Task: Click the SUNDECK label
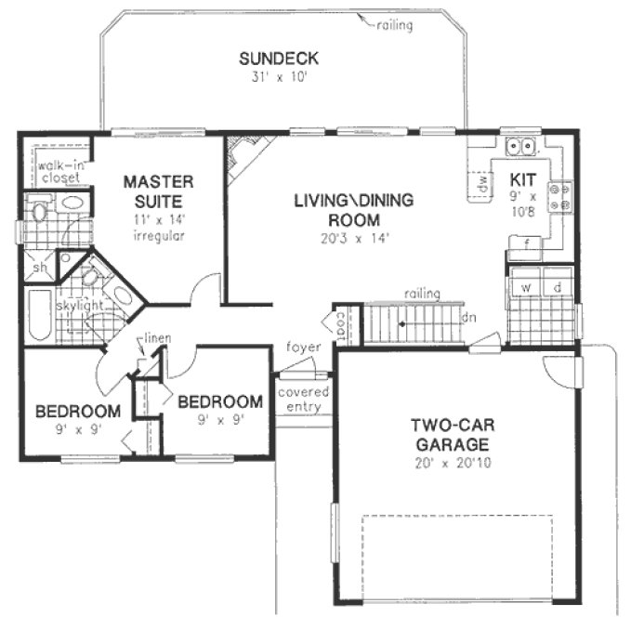(279, 59)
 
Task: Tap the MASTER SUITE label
(158, 190)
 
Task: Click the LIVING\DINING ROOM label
(353, 209)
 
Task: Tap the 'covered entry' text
(304, 400)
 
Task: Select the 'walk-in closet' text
(59, 170)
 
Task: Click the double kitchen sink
(520, 147)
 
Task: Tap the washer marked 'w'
(525, 286)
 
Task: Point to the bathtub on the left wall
(40, 316)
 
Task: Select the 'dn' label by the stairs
(469, 317)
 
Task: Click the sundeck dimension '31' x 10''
(279, 77)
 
